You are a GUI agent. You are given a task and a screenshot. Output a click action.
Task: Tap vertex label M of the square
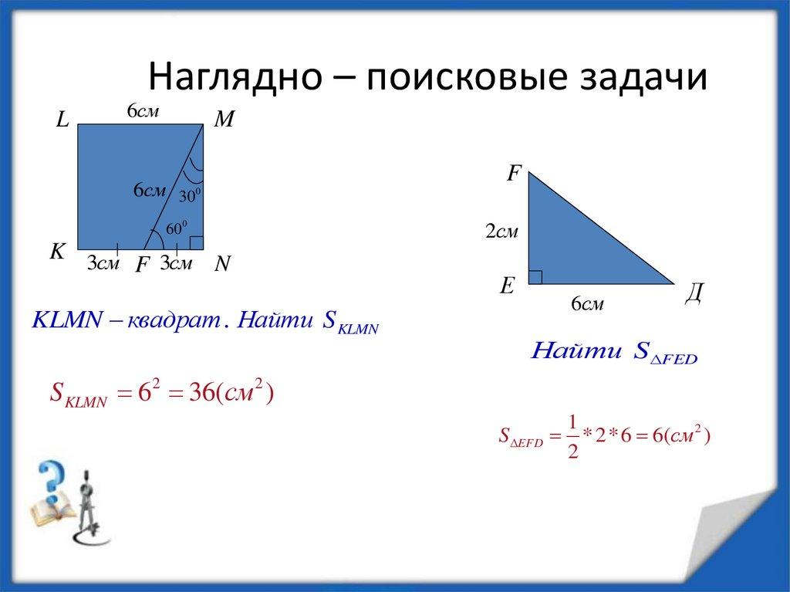point(225,120)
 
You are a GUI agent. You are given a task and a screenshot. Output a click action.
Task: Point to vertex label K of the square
point(58,252)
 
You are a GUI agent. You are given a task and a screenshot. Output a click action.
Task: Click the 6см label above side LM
point(143,112)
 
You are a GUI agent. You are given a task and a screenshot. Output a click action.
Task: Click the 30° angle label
point(191,197)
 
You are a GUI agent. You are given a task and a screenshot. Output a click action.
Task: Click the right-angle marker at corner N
point(197,243)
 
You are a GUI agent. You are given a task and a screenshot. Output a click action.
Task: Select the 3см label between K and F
point(102,264)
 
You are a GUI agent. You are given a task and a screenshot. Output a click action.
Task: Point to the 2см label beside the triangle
point(501,231)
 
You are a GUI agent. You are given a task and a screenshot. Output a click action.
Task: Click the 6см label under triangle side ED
point(587,305)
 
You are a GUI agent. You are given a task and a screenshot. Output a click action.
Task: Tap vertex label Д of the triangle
point(694,294)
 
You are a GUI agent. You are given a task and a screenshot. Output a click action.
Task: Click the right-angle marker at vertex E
point(535,277)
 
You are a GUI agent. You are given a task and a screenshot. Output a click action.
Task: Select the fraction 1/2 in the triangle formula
point(572,435)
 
